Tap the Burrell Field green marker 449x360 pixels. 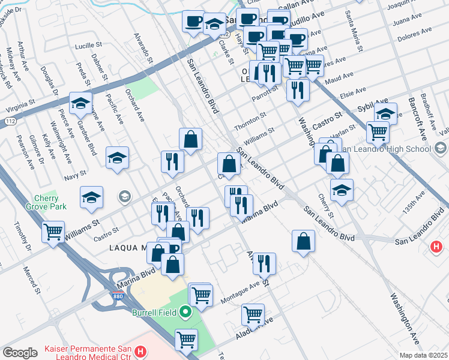coord(185,311)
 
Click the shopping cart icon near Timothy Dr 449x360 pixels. coord(53,230)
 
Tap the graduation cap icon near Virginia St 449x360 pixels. coord(80,103)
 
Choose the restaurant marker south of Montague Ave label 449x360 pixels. coord(264,262)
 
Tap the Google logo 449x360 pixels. coord(20,353)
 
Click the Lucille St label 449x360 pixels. coord(89,46)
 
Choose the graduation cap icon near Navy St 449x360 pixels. coord(118,158)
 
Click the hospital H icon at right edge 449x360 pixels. coord(437,247)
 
